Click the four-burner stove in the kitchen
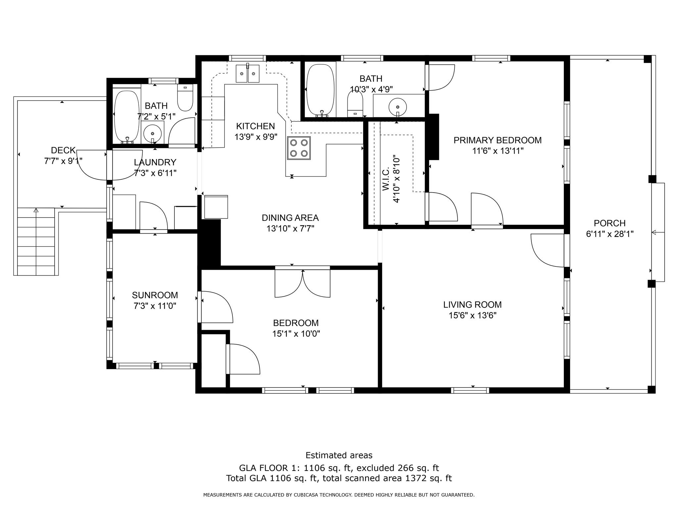[x=299, y=148]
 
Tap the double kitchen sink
[x=247, y=74]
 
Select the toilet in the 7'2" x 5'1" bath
[x=185, y=98]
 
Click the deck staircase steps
[x=36, y=242]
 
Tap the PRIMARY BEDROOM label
[x=497, y=140]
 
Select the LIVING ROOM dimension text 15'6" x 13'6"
[x=472, y=315]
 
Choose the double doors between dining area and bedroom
[x=302, y=283]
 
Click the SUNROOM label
[x=155, y=295]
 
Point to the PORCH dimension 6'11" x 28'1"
[x=609, y=234]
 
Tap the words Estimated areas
[x=339, y=455]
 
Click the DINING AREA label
[x=290, y=218]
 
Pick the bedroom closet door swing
[x=243, y=359]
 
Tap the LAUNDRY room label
[x=155, y=162]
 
